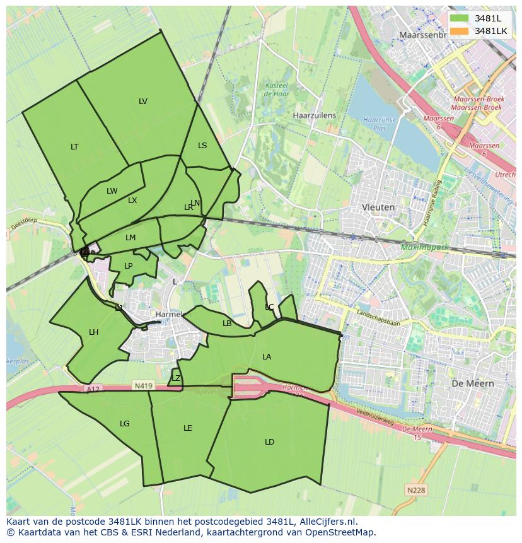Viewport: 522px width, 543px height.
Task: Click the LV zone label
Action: pyautogui.click(x=143, y=102)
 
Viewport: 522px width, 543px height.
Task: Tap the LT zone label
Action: pyautogui.click(x=74, y=147)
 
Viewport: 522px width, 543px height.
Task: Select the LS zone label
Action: pyautogui.click(x=202, y=146)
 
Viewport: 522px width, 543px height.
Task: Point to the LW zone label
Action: pyautogui.click(x=112, y=191)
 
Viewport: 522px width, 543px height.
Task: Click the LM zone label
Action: pyautogui.click(x=130, y=238)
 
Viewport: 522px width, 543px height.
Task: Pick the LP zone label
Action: pyautogui.click(x=129, y=266)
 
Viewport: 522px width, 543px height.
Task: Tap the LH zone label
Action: pyautogui.click(x=93, y=332)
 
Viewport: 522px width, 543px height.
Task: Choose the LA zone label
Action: pyautogui.click(x=267, y=357)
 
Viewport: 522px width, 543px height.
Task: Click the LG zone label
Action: pyautogui.click(x=125, y=424)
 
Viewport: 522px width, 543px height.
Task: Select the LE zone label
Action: pyautogui.click(x=187, y=428)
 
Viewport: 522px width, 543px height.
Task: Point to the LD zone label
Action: pyautogui.click(x=269, y=442)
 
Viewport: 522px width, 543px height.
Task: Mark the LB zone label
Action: pyautogui.click(x=227, y=324)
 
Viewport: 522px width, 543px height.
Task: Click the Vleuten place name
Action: pyautogui.click(x=378, y=207)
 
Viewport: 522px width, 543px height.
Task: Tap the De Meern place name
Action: pyautogui.click(x=473, y=383)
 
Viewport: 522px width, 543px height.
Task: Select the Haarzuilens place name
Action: pyautogui.click(x=315, y=116)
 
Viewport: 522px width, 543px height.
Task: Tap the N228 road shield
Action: pyautogui.click(x=415, y=490)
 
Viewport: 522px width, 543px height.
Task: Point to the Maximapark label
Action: pyautogui.click(x=425, y=247)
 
